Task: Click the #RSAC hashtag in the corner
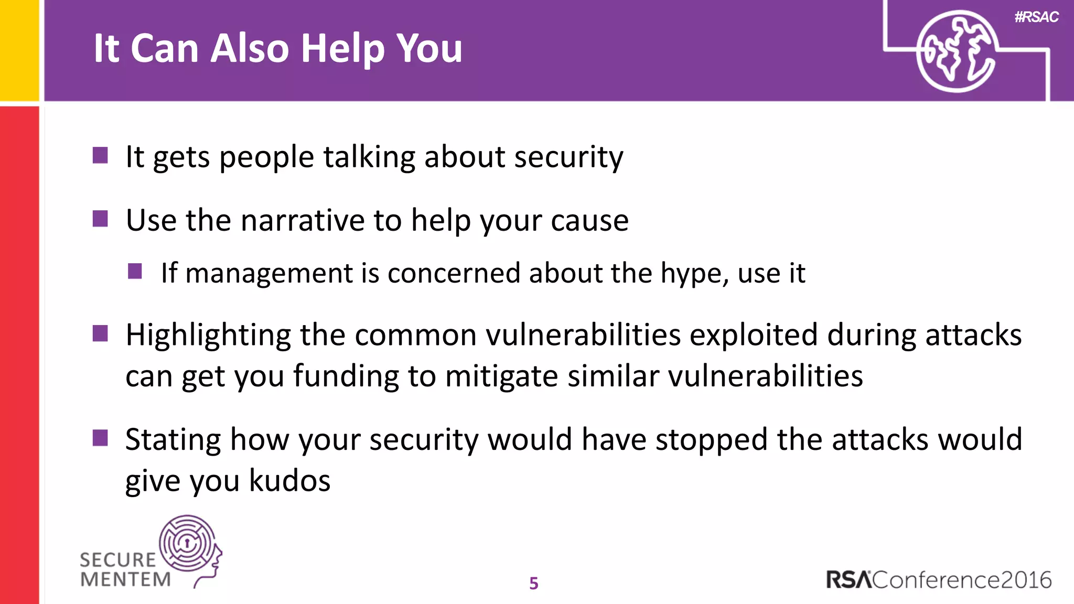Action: coord(1036,17)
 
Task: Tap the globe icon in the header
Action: coord(956,51)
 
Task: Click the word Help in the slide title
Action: coord(343,49)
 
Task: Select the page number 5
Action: coord(534,583)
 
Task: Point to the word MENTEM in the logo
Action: coord(126,579)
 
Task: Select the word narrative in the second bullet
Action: coord(302,220)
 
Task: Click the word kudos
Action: coord(289,481)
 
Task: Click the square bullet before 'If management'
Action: coord(135,271)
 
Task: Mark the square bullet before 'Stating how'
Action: coord(100,438)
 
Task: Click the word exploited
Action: coord(754,336)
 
